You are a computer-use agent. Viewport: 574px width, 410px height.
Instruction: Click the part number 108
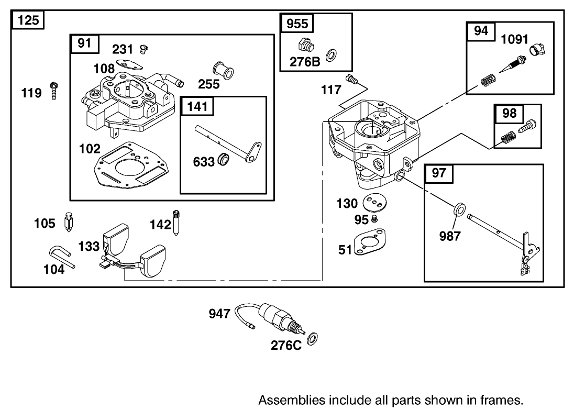tap(104, 69)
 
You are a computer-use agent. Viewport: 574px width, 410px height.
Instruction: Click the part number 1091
tap(515, 39)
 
